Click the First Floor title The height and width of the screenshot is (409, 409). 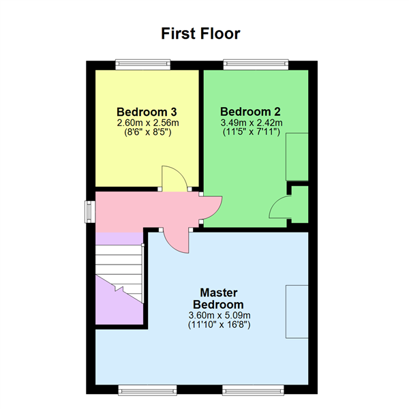200,33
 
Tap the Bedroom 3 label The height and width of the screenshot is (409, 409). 147,112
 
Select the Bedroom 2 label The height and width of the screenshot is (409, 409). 250,112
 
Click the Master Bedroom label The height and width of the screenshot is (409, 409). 218,298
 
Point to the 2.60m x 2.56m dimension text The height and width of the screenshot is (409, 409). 147,123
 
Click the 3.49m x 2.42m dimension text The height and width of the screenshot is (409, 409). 251,123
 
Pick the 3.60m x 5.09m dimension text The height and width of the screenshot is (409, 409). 218,316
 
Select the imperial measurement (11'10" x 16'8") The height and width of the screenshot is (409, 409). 218,326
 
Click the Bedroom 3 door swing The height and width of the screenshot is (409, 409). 172,179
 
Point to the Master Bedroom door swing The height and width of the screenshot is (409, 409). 175,241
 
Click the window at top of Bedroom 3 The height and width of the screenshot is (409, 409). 143,64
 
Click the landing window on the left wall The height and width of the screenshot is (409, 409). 88,211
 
